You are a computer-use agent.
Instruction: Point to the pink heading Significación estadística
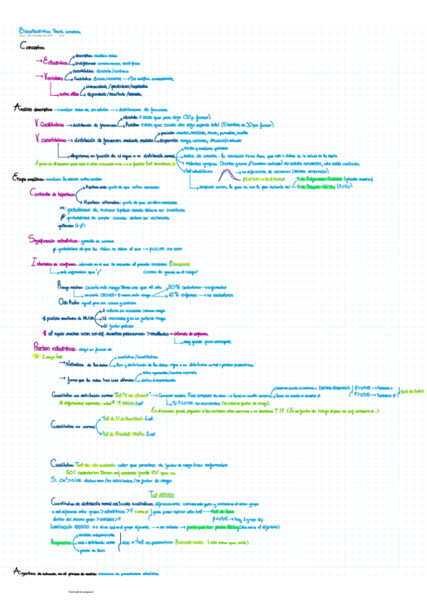[55, 240]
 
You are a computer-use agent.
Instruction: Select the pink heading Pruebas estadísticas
[55, 348]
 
